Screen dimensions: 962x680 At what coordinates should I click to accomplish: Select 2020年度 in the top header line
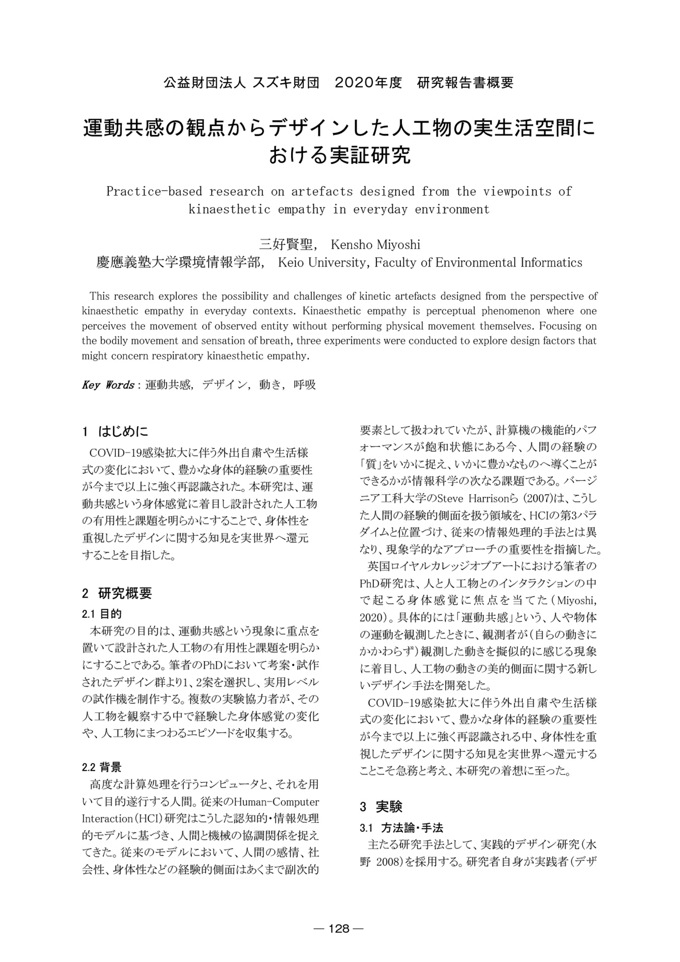tap(369, 83)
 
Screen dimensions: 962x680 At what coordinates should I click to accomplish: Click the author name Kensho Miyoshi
tap(375, 245)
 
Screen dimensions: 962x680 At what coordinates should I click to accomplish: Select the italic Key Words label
tap(108, 385)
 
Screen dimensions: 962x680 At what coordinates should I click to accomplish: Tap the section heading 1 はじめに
tap(115, 431)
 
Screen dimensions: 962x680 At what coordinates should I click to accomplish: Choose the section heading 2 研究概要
tap(117, 593)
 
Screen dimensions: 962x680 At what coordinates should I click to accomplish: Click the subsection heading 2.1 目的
tap(102, 614)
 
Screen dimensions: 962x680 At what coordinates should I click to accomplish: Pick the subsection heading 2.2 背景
tap(102, 767)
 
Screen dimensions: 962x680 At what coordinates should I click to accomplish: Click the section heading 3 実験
tap(381, 807)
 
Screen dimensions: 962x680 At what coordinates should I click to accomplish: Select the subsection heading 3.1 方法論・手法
tap(401, 827)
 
